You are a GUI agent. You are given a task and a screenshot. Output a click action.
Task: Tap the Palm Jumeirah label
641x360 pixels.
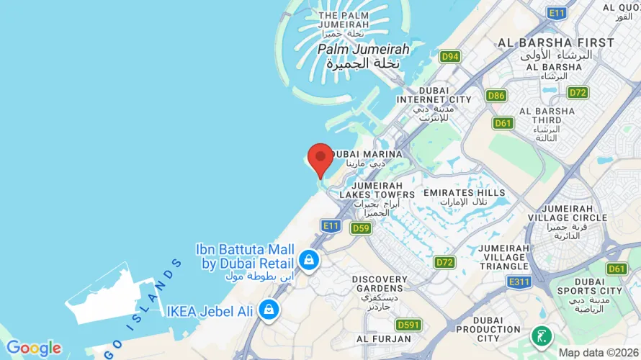pyautogui.click(x=363, y=50)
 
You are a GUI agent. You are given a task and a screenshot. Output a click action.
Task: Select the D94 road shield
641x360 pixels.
pyautogui.click(x=450, y=56)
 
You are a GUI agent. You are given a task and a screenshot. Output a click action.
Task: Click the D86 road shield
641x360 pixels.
pyautogui.click(x=496, y=95)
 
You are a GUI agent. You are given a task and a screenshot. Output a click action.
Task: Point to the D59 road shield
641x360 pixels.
pyautogui.click(x=361, y=228)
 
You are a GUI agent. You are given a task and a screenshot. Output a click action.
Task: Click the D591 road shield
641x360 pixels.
pyautogui.click(x=408, y=325)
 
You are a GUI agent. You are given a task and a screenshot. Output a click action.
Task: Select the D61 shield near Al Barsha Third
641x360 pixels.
pyautogui.click(x=503, y=123)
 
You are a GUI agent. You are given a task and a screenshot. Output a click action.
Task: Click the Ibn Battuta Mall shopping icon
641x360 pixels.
pyautogui.click(x=308, y=260)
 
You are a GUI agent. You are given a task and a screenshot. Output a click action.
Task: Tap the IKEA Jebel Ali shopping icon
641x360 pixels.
pyautogui.click(x=269, y=310)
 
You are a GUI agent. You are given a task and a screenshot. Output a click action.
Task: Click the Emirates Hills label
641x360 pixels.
pyautogui.click(x=465, y=193)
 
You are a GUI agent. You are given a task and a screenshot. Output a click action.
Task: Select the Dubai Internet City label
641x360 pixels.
pyautogui.click(x=434, y=94)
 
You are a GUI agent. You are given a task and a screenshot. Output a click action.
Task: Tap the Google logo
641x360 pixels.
pyautogui.click(x=33, y=348)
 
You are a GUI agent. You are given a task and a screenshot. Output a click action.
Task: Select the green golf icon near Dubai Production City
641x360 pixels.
pyautogui.click(x=541, y=336)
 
